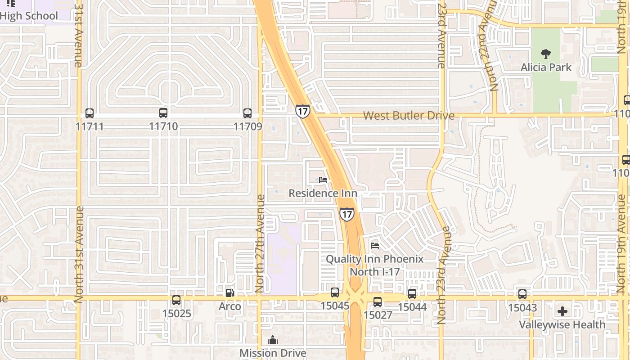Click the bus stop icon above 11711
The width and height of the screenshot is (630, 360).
click(90, 113)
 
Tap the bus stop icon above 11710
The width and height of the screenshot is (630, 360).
click(163, 113)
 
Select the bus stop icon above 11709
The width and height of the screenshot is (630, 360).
click(247, 113)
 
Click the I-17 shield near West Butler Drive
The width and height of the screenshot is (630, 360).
click(302, 111)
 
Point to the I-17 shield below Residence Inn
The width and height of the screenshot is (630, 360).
click(346, 214)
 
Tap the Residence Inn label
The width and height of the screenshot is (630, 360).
click(323, 193)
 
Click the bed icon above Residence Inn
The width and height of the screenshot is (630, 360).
click(323, 180)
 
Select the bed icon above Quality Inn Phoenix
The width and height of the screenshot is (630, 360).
click(374, 246)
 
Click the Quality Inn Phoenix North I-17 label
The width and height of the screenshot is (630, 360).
click(374, 265)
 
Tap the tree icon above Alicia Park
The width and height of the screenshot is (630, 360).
click(546, 54)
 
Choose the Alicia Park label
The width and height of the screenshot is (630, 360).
click(546, 67)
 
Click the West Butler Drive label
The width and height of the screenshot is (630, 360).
click(409, 116)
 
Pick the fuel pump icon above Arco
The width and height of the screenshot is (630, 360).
click(229, 293)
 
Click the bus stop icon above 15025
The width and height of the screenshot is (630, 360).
click(176, 300)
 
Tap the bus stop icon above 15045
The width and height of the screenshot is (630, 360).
click(335, 292)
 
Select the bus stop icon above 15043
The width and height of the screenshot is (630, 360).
click(522, 294)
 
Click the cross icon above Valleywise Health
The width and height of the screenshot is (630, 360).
click(562, 311)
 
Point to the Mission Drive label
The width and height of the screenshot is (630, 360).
click(273, 353)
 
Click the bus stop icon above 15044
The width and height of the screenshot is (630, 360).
click(412, 294)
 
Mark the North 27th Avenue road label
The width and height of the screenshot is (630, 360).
click(260, 243)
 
